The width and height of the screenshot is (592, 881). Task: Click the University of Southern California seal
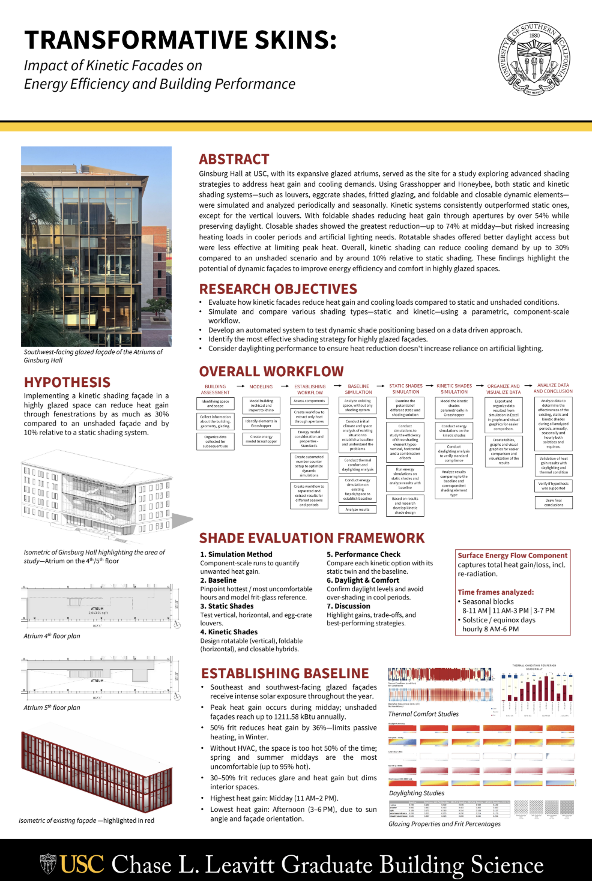point(534,59)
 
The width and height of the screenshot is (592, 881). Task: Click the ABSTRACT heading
point(234,159)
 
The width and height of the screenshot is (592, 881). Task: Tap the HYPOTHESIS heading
point(67,382)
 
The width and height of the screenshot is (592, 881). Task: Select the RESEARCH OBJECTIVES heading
point(278,289)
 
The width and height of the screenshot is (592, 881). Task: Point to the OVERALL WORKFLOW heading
point(271,371)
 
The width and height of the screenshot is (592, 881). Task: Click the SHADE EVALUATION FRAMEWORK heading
point(312,538)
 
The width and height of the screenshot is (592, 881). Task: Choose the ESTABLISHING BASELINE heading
point(285,673)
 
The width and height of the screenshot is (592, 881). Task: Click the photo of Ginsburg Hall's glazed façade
point(97,246)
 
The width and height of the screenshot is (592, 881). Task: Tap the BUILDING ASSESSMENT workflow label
point(216,389)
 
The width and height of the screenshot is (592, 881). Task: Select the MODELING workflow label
point(261,387)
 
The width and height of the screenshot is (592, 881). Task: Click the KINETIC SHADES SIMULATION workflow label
point(454,389)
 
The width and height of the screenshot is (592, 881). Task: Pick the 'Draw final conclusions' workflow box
point(554,502)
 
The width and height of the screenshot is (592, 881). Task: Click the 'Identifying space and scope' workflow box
point(216,403)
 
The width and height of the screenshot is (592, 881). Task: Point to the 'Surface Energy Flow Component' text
point(512,556)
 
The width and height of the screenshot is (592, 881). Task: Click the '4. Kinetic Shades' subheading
point(229,632)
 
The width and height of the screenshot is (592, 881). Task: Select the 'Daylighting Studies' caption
point(417,793)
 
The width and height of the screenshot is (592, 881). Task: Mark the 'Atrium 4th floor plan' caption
point(52,636)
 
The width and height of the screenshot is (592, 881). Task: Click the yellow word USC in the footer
point(82,864)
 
